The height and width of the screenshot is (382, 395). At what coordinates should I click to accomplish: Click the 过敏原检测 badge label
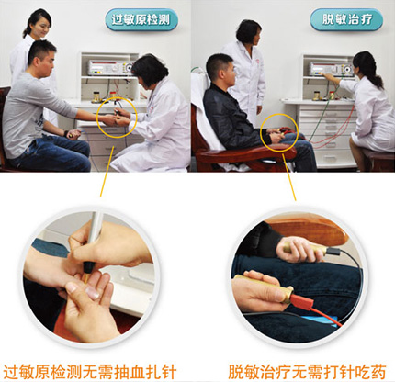tap(141, 20)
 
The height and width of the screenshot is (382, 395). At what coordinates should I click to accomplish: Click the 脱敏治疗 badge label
tap(346, 19)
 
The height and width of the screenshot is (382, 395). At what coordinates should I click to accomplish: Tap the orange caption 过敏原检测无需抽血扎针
tap(90, 372)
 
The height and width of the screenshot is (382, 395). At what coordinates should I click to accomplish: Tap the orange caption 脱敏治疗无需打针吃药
tap(307, 372)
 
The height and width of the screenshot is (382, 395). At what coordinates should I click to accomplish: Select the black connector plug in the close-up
tap(333, 252)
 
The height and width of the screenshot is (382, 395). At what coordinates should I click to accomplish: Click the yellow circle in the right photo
tap(279, 133)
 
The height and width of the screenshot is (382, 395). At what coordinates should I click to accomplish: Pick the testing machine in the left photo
tap(111, 68)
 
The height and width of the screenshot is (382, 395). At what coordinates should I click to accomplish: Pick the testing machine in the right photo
tap(332, 69)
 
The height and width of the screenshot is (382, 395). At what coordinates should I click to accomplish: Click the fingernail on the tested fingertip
tap(91, 293)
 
